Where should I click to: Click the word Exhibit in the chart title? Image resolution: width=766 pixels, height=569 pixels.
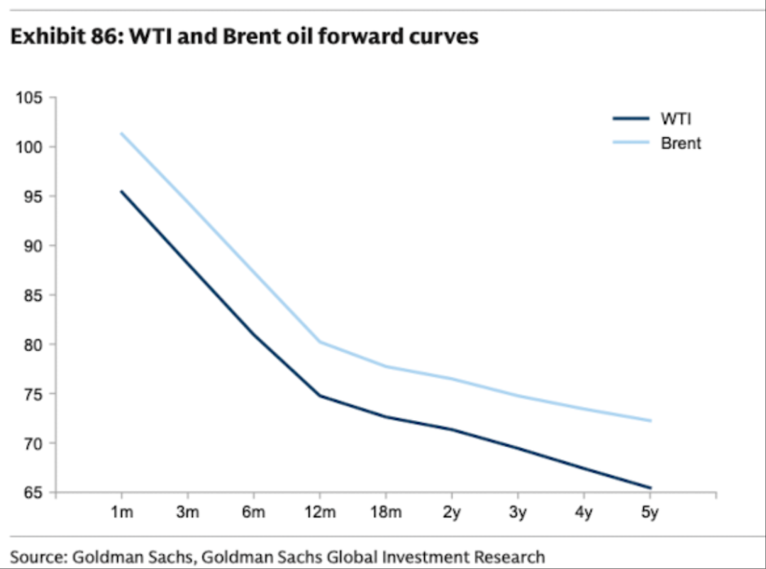point(48,37)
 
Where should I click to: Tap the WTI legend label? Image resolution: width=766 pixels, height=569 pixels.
point(676,118)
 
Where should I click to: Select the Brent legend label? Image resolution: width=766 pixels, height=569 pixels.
point(680,143)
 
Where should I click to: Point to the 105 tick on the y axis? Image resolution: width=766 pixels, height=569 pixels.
point(29,98)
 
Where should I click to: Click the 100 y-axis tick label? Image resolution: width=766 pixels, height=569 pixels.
point(29,147)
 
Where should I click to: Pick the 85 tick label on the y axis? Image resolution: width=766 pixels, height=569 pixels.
point(33,294)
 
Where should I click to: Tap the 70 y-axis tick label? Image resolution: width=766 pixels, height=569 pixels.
point(33,443)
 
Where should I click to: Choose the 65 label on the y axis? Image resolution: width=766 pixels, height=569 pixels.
point(33,492)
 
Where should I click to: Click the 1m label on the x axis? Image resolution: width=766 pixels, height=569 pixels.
point(122,512)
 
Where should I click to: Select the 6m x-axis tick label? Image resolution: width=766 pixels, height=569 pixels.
point(253,512)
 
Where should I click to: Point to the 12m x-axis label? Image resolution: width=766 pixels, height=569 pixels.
point(320,512)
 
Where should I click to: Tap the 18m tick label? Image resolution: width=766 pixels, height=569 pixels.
point(386,512)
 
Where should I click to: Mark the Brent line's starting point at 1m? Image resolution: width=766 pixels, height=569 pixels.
point(122,133)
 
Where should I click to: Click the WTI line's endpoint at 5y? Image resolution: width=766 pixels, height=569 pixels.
point(650,488)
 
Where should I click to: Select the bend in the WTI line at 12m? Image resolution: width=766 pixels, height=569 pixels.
point(320,395)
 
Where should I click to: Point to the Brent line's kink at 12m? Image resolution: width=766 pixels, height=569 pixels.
point(320,342)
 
